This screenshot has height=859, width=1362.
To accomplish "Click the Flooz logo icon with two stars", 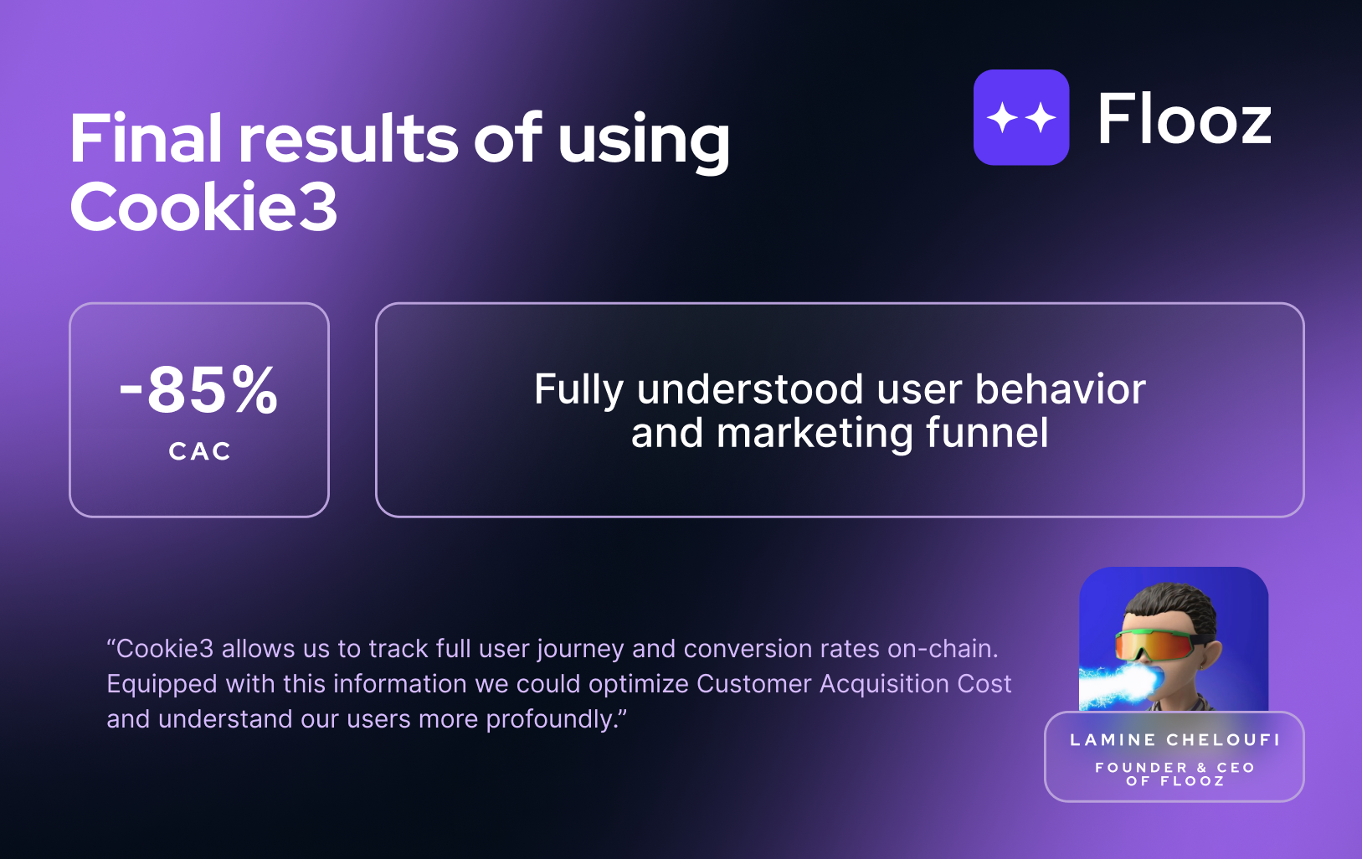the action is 1021,117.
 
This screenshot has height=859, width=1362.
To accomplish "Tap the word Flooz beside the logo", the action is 1185,119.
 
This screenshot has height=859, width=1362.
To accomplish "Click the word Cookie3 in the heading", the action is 203,207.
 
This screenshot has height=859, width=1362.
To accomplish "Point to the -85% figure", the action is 199,389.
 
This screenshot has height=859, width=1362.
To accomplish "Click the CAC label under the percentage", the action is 200,451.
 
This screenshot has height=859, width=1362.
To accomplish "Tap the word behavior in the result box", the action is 1061,389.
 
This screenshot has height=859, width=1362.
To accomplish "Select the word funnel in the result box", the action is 988,433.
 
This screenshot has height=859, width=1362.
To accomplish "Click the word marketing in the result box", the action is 815,434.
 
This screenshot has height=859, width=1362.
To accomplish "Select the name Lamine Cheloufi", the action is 1174,740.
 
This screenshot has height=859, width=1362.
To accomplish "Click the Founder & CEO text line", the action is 1174,767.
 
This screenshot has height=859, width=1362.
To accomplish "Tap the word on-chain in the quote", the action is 943,649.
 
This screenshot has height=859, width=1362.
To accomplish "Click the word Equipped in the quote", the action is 162,685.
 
